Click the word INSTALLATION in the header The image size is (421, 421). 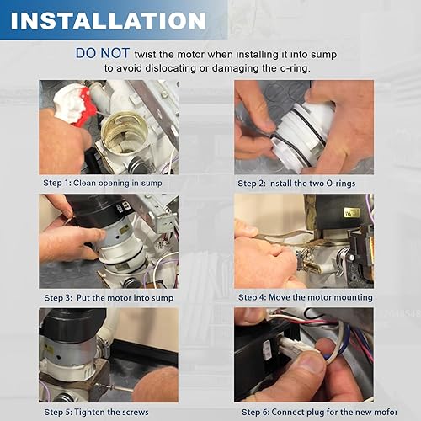[x=109, y=20]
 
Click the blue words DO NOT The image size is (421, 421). [x=102, y=52]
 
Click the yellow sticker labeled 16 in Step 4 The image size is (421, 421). [x=349, y=214]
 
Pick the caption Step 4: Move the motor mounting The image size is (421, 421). [x=305, y=297]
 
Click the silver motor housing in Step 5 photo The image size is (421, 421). [x=72, y=358]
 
